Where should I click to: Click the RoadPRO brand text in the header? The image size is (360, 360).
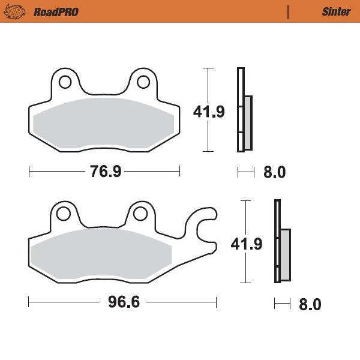click(56, 12)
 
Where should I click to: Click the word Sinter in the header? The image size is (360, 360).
click(332, 12)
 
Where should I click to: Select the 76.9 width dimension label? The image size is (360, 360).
click(106, 172)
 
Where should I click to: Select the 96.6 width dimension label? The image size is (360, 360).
click(124, 302)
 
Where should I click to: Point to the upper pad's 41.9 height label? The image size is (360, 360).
click(209, 112)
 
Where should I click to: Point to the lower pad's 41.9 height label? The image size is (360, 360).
click(247, 244)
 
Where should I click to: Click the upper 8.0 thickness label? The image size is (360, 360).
click(274, 173)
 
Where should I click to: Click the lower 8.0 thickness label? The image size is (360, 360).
click(310, 304)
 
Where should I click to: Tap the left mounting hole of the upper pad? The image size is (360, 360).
click(64, 81)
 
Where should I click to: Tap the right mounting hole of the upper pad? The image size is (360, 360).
click(143, 81)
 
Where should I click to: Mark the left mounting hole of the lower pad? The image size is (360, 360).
click(62, 213)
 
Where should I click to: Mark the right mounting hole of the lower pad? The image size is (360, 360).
click(140, 213)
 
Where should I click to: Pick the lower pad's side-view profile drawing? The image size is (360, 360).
click(281, 242)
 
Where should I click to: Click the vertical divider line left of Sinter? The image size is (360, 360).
click(289, 12)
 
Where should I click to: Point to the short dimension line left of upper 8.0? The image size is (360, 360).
click(246, 173)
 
